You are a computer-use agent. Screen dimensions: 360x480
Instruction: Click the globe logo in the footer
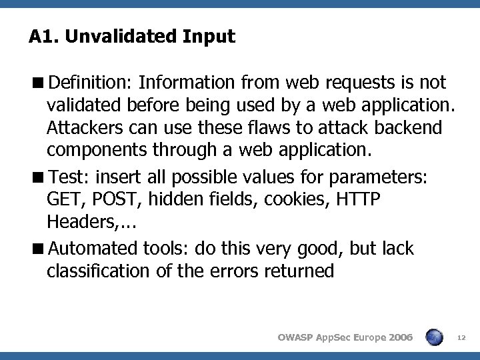click(x=434, y=337)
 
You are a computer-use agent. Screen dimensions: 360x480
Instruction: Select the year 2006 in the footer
click(x=398, y=338)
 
